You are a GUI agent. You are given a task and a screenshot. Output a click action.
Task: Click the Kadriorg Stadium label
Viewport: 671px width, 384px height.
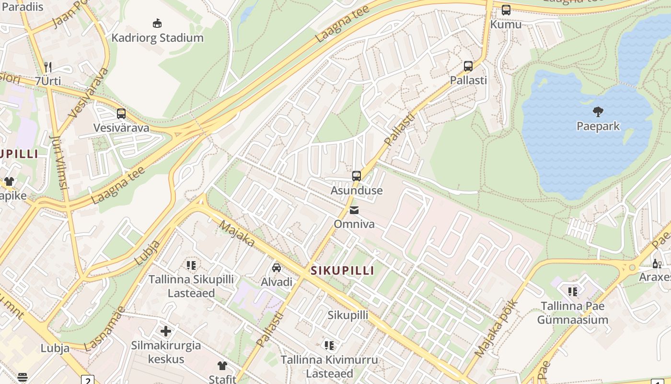click(157, 37)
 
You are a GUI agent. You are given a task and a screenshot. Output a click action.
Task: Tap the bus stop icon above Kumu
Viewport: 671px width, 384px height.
click(506, 10)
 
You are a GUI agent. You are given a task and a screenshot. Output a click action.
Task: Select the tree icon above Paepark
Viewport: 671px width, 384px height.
click(598, 112)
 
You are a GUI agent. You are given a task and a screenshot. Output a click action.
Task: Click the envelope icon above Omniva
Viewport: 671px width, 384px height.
click(354, 210)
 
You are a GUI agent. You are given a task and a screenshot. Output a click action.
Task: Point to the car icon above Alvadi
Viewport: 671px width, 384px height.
click(277, 267)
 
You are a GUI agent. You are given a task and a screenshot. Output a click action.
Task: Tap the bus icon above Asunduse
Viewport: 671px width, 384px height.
click(356, 176)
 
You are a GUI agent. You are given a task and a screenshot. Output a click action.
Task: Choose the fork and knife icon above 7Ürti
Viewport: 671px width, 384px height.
click(47, 67)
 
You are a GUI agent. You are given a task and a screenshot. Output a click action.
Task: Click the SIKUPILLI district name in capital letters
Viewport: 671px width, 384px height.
click(342, 270)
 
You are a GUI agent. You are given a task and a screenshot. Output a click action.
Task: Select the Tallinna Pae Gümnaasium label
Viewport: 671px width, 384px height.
click(572, 312)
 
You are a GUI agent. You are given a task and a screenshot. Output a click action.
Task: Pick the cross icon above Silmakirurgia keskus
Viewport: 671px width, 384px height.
click(166, 331)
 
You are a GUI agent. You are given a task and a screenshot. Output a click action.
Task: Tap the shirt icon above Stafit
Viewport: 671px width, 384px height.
click(222, 365)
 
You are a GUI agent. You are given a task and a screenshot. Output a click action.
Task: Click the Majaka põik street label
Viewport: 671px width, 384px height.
click(497, 328)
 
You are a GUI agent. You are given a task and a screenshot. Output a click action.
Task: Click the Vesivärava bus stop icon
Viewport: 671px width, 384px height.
click(121, 114)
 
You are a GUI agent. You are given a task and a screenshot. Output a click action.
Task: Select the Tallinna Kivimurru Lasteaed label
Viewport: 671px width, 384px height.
click(329, 366)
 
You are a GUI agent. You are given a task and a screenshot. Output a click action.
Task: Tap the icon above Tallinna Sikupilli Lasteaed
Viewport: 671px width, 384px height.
click(191, 265)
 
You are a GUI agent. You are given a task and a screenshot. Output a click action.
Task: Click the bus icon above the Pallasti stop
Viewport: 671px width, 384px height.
click(468, 66)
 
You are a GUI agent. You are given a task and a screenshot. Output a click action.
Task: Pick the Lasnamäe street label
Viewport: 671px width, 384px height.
click(105, 328)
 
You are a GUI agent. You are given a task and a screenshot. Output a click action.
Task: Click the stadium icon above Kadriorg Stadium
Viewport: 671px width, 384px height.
click(157, 23)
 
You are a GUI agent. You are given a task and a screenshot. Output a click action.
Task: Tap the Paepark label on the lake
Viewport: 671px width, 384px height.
click(598, 126)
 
